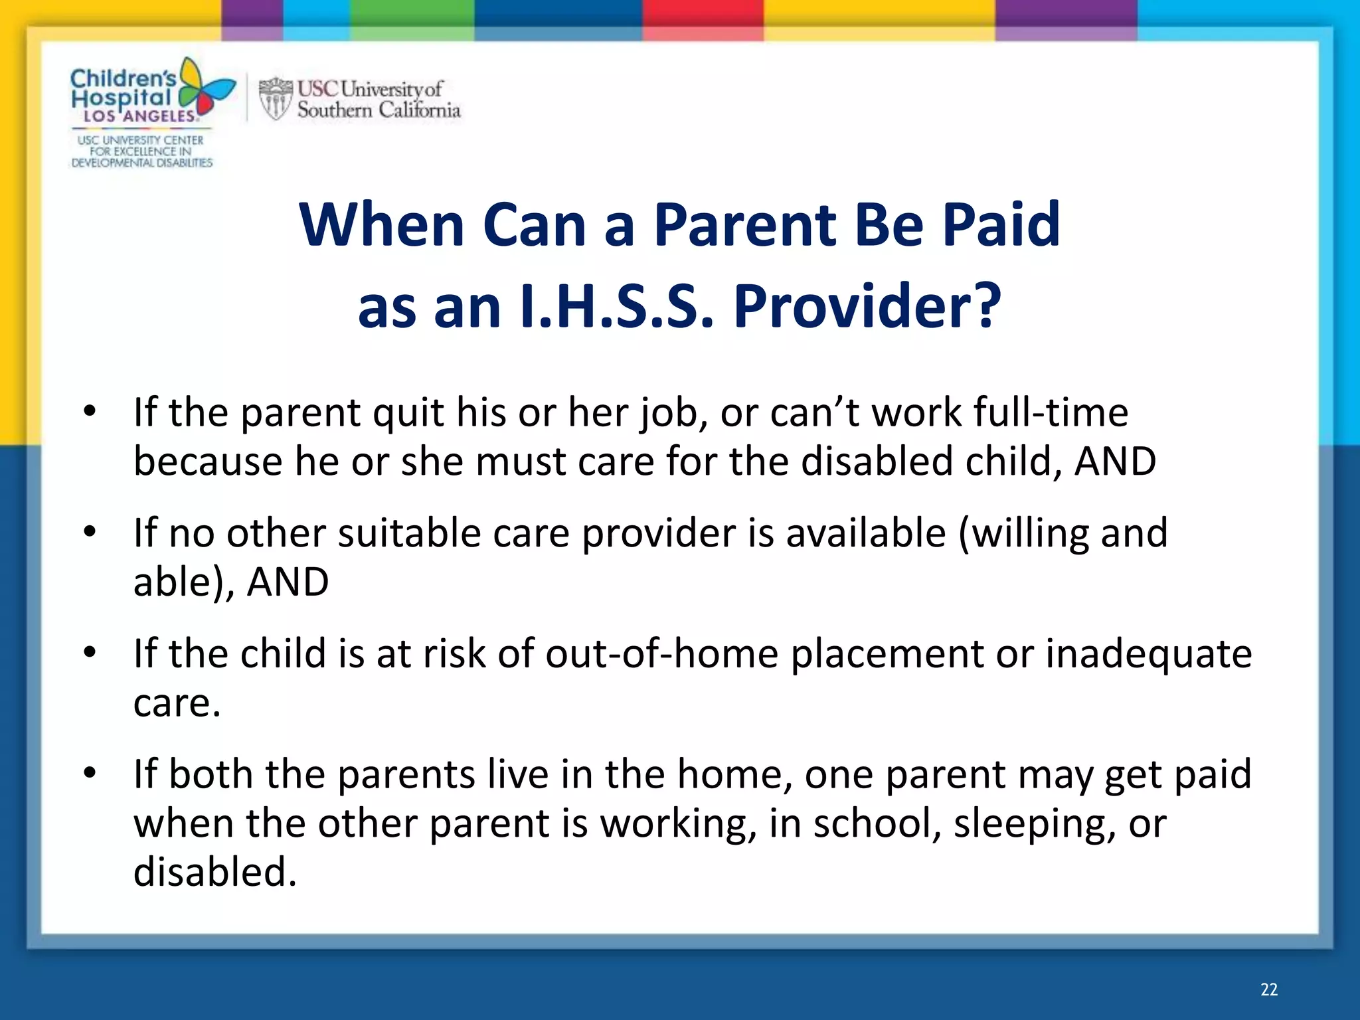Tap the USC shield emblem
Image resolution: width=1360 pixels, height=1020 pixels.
[275, 99]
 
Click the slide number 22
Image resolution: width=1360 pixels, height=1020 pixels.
[1268, 989]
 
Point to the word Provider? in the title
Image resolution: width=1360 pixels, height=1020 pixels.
[867, 307]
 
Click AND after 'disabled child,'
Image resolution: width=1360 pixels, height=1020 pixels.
[1116, 462]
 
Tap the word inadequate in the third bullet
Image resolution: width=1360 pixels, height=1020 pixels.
[1149, 653]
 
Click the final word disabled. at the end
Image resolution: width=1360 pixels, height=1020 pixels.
[214, 872]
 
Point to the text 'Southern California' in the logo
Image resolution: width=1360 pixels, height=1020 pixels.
[379, 110]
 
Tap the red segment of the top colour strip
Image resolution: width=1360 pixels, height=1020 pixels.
[703, 17]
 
